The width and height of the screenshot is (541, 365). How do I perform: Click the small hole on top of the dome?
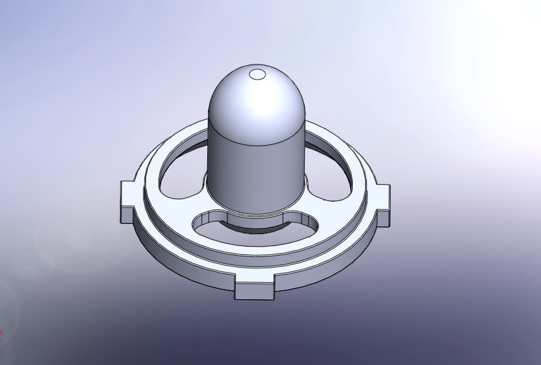pos(257,75)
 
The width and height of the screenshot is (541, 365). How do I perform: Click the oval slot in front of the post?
pos(253,225)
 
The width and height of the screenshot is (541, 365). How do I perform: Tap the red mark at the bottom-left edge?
pos(1,331)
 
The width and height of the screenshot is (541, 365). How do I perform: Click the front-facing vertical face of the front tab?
pos(255,292)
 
